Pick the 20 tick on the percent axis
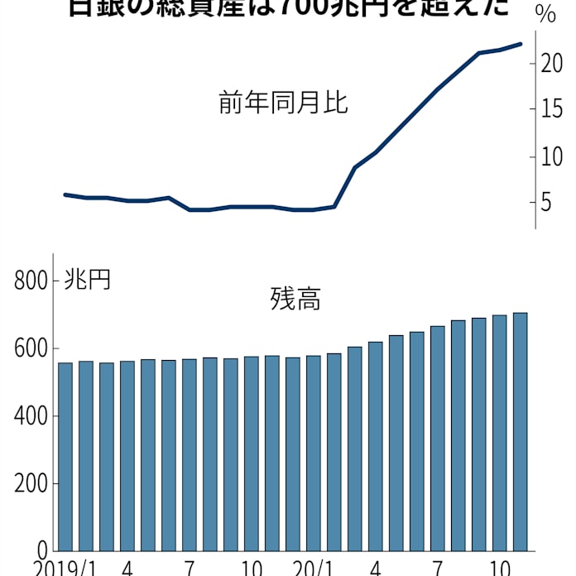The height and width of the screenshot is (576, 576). coord(553,64)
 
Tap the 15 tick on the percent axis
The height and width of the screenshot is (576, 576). coord(553,110)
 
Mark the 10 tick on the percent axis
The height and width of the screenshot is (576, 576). coord(553,156)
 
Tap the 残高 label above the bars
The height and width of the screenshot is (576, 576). coord(295,299)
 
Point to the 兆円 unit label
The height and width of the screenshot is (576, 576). coord(87,280)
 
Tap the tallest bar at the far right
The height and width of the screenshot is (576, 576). coord(521,431)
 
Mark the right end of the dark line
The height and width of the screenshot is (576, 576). coord(520,44)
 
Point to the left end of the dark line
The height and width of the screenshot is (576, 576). coord(65,194)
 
